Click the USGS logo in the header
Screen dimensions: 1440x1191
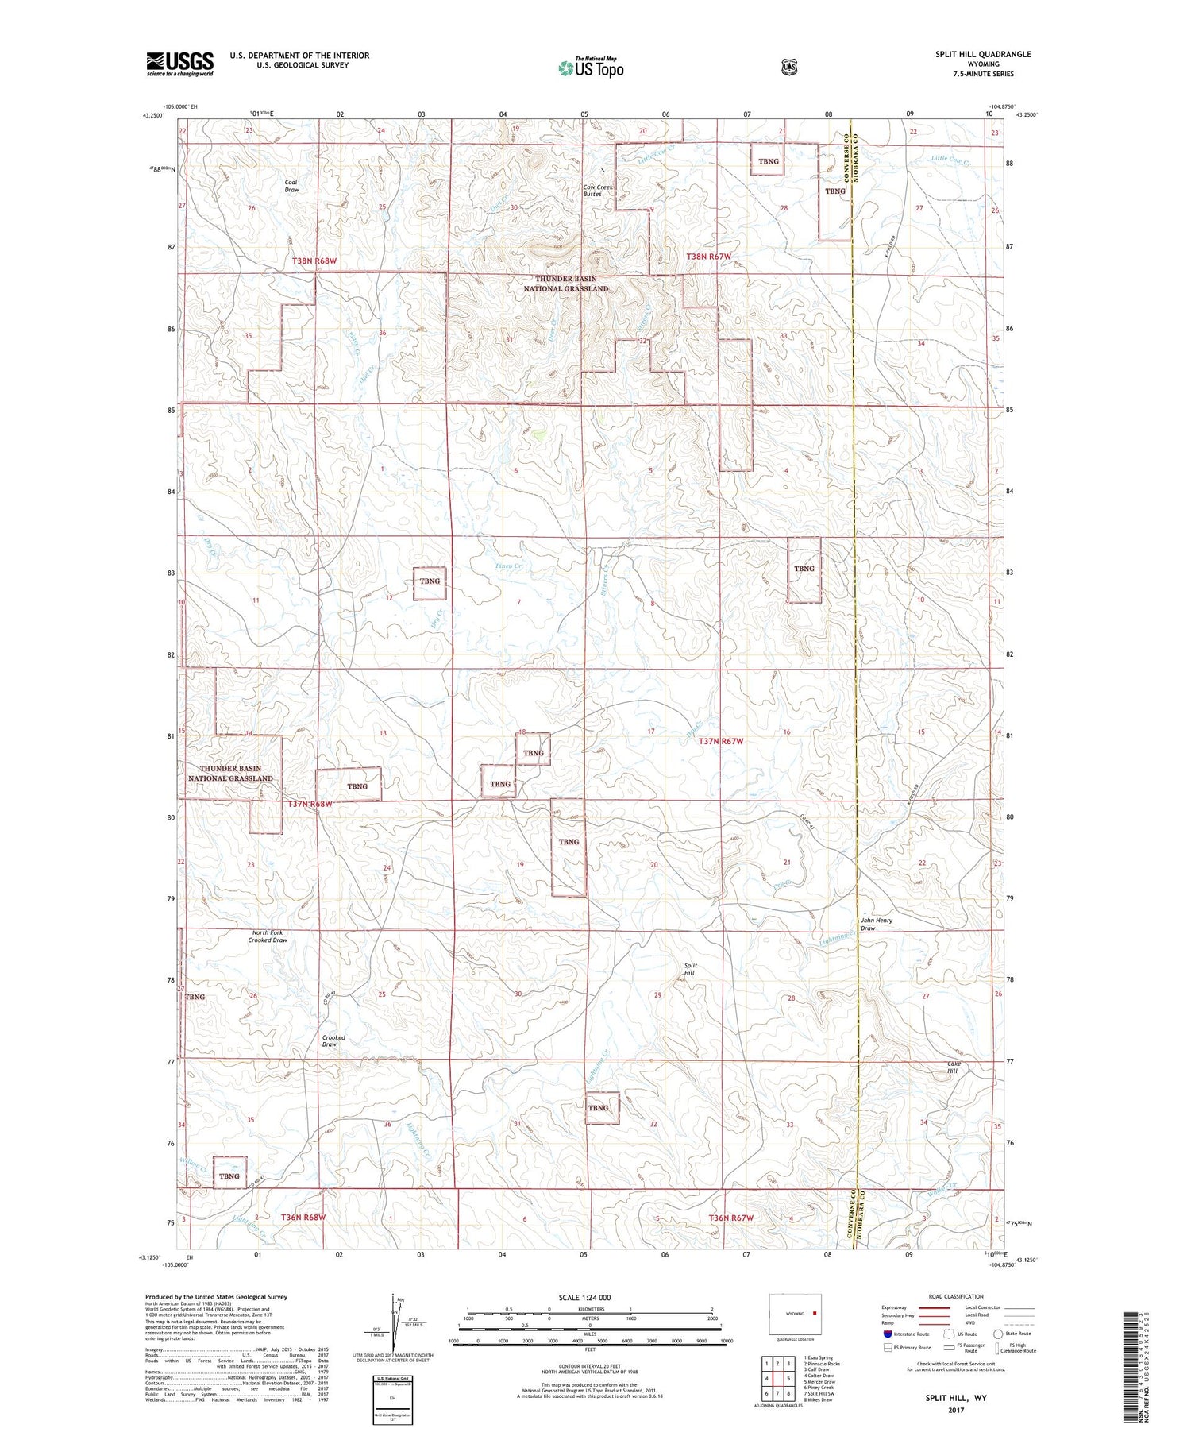coord(180,64)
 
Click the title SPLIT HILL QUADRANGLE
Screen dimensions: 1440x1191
coord(983,54)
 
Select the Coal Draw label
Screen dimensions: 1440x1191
coord(291,186)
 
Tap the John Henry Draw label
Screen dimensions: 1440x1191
coord(876,924)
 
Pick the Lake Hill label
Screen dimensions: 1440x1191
coord(954,1067)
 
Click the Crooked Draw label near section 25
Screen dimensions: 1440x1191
coord(333,1040)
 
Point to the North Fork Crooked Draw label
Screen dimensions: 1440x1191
coord(268,936)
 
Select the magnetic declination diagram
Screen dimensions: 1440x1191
coord(397,1323)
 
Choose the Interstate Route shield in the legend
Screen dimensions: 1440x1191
coord(887,1334)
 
